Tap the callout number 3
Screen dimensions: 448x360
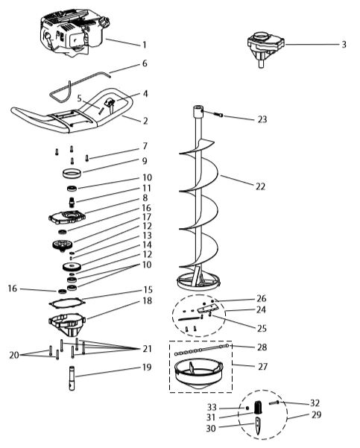[344, 45]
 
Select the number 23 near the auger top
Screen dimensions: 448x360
[261, 119]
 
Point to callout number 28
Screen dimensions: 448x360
[261, 347]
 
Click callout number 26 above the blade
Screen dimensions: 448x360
[261, 298]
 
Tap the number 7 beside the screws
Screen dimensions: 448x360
[145, 146]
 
